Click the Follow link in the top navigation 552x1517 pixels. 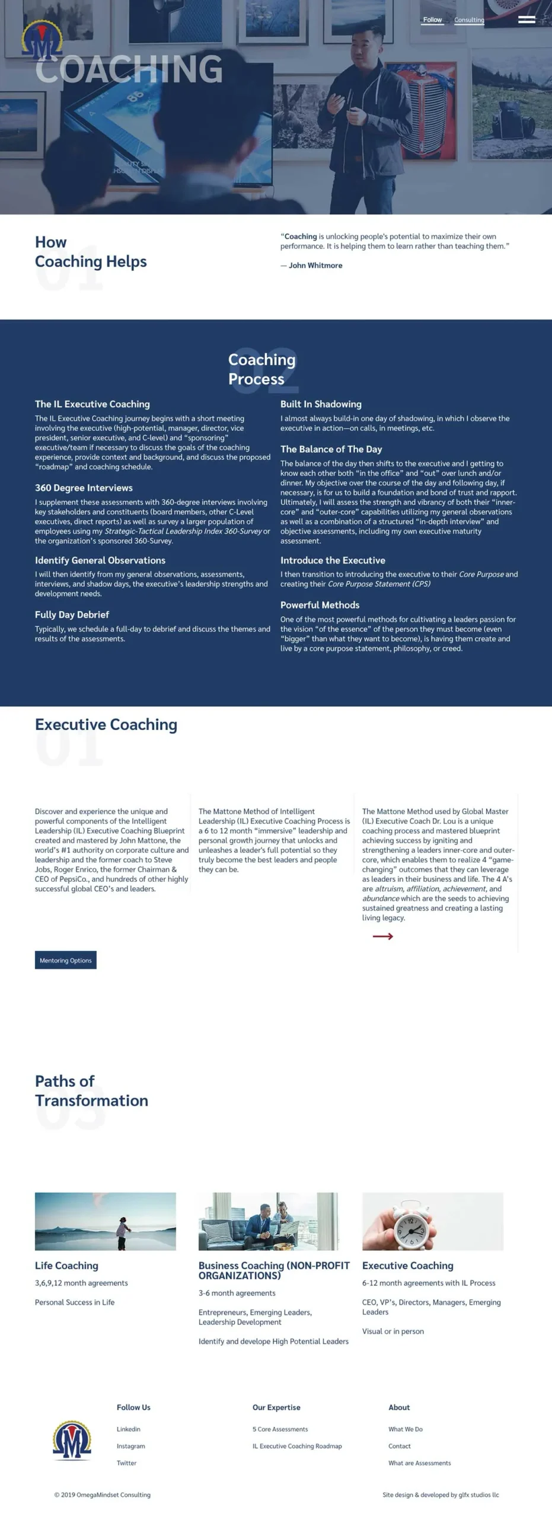tap(432, 20)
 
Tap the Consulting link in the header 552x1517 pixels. tap(469, 20)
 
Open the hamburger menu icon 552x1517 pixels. tap(527, 20)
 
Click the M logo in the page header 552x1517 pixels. tap(42, 41)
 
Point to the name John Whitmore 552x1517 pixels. tap(315, 265)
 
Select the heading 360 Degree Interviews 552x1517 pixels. tap(84, 488)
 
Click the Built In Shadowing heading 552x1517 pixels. tap(321, 404)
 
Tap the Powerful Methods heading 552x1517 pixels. tap(320, 605)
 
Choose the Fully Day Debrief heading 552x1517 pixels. tap(72, 615)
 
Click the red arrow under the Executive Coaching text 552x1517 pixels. tap(383, 936)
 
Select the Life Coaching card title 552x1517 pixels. tap(66, 1265)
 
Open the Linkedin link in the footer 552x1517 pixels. tap(129, 1429)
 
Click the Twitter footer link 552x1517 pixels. tap(127, 1463)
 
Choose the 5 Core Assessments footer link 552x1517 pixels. tap(280, 1429)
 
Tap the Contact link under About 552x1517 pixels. tap(400, 1446)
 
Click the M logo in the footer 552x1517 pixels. tap(72, 1441)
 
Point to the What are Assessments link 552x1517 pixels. tap(419, 1463)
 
